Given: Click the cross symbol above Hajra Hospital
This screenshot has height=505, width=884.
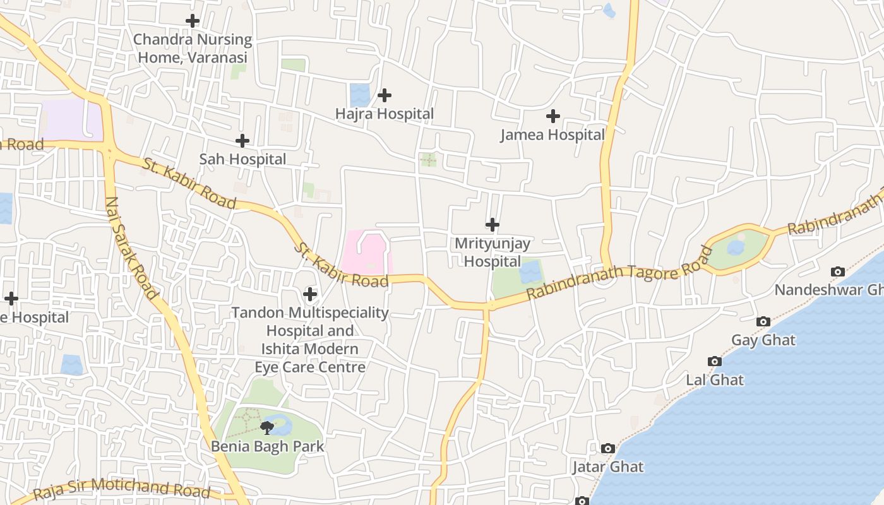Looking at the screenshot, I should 385,95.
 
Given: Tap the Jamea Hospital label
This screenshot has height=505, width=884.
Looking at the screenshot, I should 552,134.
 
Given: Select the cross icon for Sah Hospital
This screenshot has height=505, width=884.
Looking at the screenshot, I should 242,141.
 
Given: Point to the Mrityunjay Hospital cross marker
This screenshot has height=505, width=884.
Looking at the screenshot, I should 493,224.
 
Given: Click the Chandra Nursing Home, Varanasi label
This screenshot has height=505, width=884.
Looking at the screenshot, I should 193,49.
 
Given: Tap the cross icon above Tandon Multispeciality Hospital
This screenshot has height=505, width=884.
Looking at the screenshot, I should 310,294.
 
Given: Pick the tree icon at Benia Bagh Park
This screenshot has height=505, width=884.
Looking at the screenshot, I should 267,427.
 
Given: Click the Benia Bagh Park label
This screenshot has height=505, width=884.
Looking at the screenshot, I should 267,446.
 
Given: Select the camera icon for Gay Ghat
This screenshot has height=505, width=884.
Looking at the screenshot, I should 763,321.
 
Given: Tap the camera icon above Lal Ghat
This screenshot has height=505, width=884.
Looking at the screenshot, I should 715,361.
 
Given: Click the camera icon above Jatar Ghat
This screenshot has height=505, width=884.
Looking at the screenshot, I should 608,448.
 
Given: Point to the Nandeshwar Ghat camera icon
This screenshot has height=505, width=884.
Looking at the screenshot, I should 838,271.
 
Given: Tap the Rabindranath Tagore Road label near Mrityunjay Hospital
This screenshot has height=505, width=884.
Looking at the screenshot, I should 619,275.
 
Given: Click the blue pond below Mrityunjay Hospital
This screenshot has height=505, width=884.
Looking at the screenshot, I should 531,272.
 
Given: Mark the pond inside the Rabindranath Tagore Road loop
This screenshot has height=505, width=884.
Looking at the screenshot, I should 736,247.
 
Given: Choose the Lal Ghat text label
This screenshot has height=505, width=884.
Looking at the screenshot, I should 715,380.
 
